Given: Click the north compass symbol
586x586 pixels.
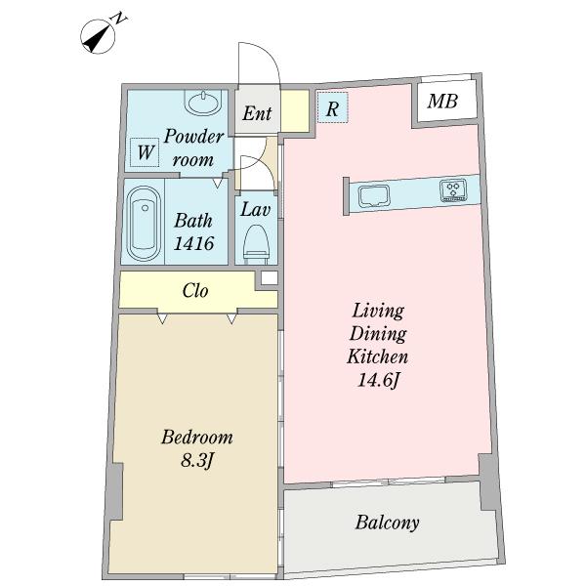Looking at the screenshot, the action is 98,36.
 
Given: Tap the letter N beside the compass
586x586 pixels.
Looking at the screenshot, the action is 119,19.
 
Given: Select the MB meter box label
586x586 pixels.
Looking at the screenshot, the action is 442,101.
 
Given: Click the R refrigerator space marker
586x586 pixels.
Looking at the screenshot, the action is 333,107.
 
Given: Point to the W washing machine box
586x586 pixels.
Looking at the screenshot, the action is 145,152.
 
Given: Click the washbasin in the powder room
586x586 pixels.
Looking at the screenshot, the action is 203,102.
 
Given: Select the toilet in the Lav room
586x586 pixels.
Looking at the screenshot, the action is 256,244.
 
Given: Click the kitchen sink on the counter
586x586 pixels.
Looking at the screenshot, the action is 374,196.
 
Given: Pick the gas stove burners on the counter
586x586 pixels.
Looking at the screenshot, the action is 453,189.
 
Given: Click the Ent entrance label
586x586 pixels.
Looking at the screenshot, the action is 257,113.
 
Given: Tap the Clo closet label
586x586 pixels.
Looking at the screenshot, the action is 195,290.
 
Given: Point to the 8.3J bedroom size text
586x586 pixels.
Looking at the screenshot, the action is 196,461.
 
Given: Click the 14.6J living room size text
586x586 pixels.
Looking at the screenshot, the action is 379,381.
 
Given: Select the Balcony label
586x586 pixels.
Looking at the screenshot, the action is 387,523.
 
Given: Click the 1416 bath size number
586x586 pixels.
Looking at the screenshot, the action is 194,243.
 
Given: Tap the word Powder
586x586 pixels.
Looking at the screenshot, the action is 194,137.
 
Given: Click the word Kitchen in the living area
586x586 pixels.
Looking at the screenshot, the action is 377,356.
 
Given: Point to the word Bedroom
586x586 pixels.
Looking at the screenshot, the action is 197,437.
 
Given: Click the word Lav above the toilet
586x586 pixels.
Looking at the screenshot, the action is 256,210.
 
